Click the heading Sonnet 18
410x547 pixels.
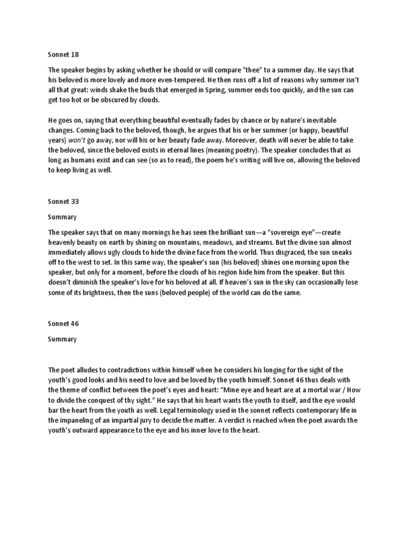(x=63, y=54)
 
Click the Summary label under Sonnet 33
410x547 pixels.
(x=62, y=217)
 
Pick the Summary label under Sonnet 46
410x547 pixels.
(x=62, y=339)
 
